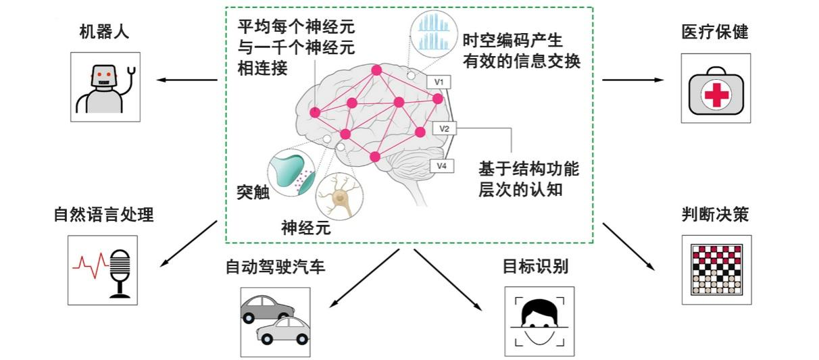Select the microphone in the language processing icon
[120, 271]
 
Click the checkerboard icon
[716, 269]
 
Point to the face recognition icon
[539, 321]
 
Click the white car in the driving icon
[282, 330]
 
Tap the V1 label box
[439, 82]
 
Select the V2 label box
[444, 128]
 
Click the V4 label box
[441, 165]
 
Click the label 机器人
[104, 32]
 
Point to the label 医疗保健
[715, 32]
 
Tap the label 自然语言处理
[104, 215]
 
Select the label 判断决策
[715, 215]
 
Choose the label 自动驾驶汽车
[276, 266]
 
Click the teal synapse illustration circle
[291, 174]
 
